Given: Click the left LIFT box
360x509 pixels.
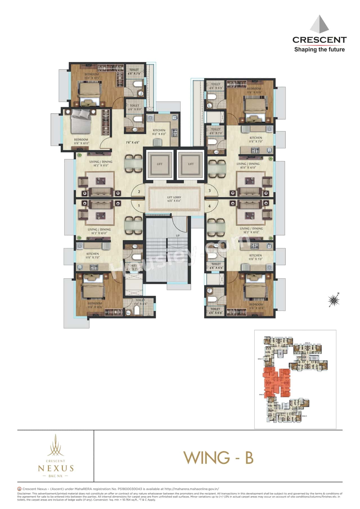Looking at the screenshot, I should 159,164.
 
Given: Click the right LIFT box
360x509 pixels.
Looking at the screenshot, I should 191,164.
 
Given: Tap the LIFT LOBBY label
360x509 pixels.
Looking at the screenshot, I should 174,199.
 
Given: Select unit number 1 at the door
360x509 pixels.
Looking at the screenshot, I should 139,206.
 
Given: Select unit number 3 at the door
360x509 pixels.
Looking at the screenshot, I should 210,191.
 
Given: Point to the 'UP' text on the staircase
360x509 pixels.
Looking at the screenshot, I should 178,236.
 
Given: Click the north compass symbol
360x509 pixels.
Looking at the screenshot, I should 334,300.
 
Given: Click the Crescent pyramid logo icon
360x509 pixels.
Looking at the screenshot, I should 319,24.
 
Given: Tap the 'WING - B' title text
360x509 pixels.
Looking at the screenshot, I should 219,458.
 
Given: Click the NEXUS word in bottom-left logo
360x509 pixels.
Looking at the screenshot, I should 56,468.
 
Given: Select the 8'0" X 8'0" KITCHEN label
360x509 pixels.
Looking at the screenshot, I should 159,132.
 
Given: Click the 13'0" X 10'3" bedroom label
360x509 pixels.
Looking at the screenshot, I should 92,76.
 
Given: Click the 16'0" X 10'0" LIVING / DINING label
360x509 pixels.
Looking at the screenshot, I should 248,166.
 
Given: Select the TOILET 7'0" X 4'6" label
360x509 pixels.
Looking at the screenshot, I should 140,302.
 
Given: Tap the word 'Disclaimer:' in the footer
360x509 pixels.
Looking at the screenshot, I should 24,494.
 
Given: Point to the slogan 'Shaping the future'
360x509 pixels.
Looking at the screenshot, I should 319,49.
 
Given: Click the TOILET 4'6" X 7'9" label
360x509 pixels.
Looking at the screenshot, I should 134,71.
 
